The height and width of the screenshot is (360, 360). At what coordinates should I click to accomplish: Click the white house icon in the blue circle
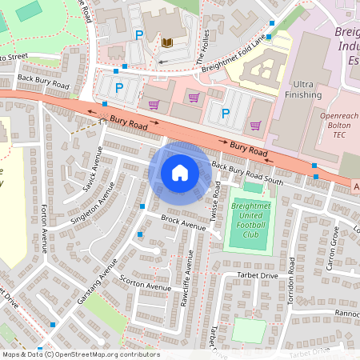tap(179, 172)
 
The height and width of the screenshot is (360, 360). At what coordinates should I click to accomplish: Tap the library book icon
tap(166, 42)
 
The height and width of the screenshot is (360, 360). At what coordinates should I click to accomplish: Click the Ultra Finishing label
tap(303, 90)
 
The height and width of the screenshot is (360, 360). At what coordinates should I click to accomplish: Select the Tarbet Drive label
tap(256, 275)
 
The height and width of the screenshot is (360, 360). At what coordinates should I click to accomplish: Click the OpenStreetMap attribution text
tap(81, 354)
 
